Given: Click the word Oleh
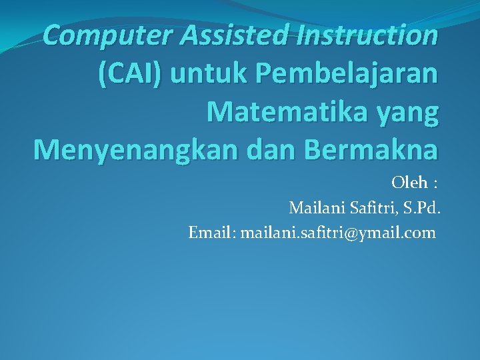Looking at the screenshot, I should click(x=407, y=182).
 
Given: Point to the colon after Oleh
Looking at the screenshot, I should click(x=435, y=183).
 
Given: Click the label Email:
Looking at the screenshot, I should click(x=211, y=233).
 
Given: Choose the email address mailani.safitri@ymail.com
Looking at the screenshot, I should click(x=338, y=233).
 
